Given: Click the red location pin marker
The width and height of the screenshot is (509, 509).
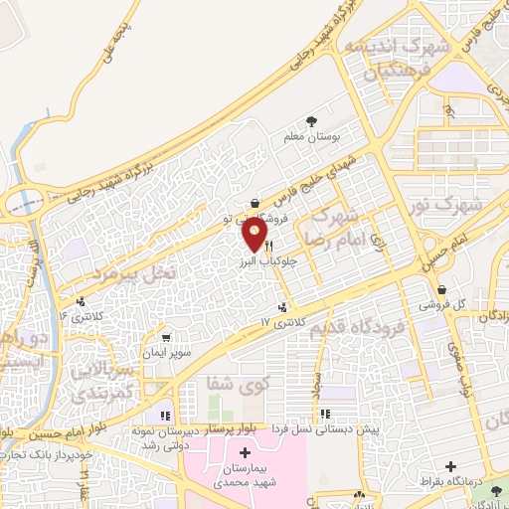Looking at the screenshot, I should (255, 234).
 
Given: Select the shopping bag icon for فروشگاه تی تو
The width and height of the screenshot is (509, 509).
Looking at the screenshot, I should (255, 202).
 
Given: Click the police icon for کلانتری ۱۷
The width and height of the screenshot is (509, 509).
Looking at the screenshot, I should (285, 306).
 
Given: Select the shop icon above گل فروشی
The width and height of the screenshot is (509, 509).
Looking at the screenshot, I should (442, 291).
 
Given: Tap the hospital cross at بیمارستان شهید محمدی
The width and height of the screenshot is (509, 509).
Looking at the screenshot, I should (246, 453).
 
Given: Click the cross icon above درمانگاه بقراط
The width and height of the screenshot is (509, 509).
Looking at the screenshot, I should (451, 466).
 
